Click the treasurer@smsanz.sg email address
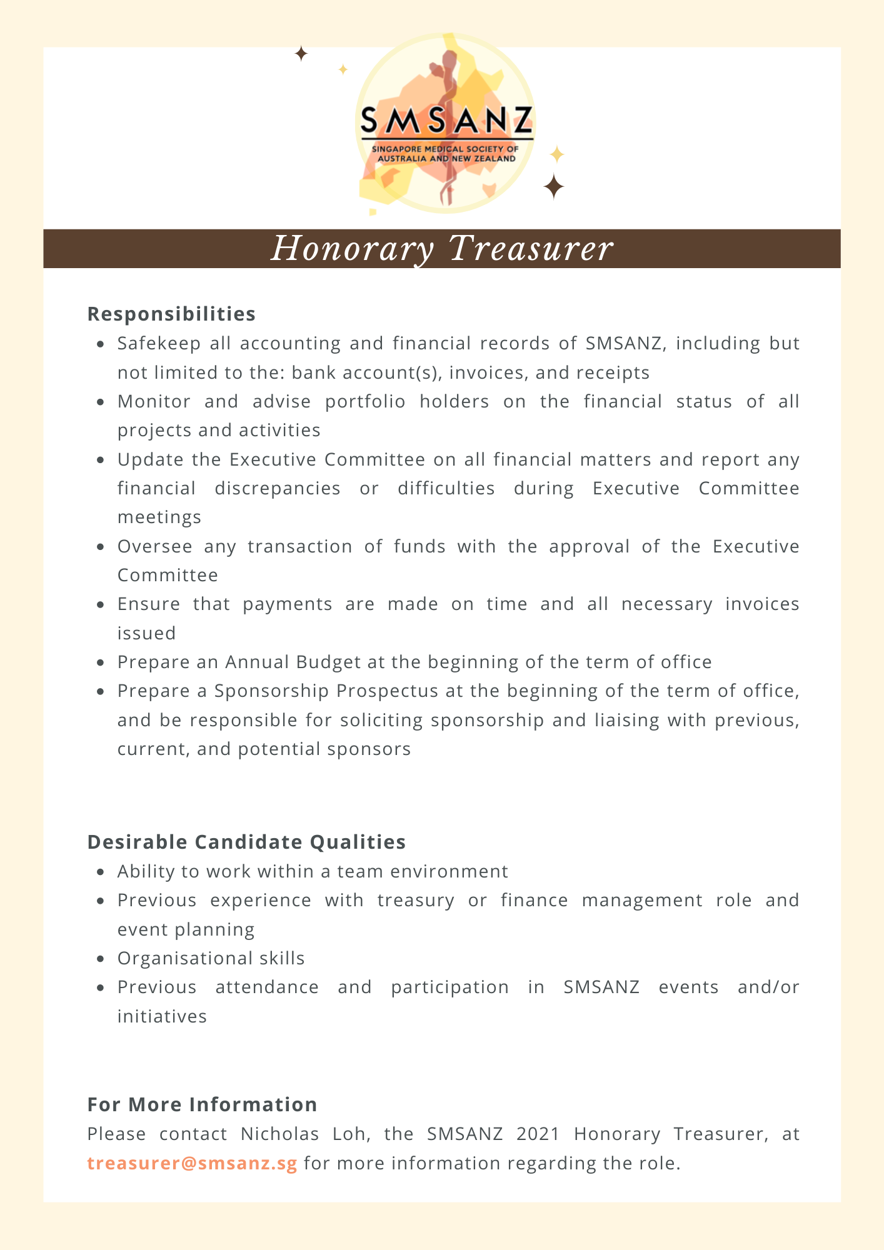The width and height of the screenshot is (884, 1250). (x=192, y=1163)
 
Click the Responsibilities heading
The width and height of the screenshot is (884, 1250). (x=171, y=314)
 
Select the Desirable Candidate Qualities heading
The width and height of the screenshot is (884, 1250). (x=246, y=842)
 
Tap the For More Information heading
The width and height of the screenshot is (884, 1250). (x=202, y=1104)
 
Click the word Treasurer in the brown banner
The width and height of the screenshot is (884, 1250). (x=531, y=248)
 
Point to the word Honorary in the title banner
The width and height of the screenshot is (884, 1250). (x=353, y=248)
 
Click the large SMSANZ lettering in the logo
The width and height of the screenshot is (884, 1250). (x=446, y=120)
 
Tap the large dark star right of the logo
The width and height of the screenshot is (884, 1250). (x=554, y=186)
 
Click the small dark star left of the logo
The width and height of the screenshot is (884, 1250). (x=301, y=54)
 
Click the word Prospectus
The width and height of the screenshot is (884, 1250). (x=387, y=691)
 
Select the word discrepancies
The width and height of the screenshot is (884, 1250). (x=278, y=488)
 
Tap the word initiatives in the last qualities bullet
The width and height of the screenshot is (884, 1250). (x=162, y=1016)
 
